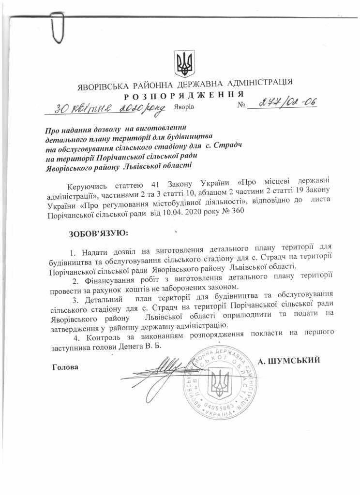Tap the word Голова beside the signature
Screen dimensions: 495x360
coord(64,367)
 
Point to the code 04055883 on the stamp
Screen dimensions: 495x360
coord(220,410)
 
